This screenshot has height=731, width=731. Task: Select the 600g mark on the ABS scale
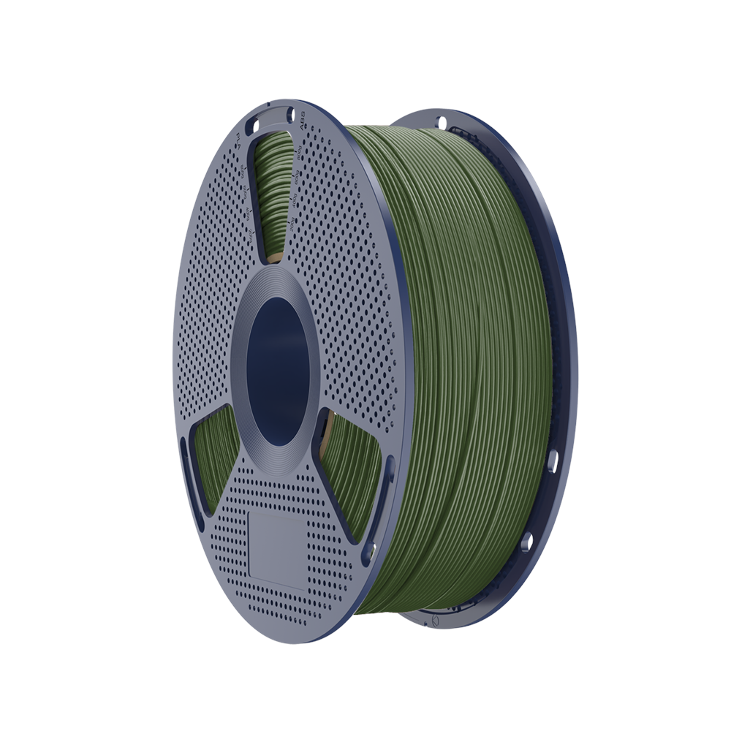click(x=296, y=179)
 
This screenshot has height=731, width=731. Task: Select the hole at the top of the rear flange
click(x=441, y=121)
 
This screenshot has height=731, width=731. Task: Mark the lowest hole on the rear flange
click(x=526, y=542)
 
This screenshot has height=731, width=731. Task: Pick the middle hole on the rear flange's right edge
click(x=553, y=461)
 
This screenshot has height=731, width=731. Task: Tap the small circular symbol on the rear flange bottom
click(x=436, y=618)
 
